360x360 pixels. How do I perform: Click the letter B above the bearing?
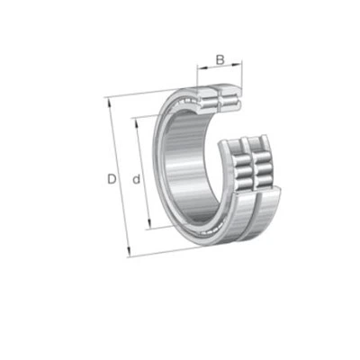[x=220, y=60]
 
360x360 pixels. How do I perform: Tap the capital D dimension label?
[x=112, y=179]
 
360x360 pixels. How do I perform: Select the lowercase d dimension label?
[x=137, y=179]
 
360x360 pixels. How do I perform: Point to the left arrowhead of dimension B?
[x=201, y=67]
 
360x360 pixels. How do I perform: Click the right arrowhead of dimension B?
[x=238, y=64]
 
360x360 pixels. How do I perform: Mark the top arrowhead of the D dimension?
[x=110, y=102]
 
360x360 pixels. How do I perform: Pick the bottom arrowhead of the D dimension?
[x=129, y=253]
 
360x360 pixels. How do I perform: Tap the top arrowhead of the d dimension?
[x=137, y=121]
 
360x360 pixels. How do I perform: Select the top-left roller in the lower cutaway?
[x=242, y=160]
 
